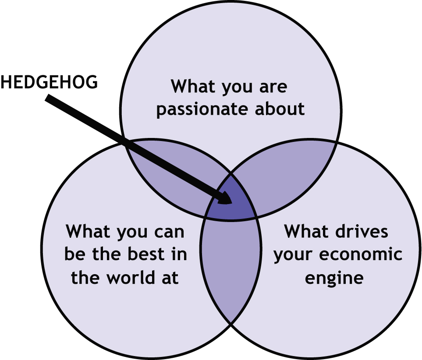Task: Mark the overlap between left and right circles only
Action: click(x=231, y=272)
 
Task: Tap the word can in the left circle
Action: click(x=167, y=232)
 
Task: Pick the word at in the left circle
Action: click(x=169, y=278)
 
